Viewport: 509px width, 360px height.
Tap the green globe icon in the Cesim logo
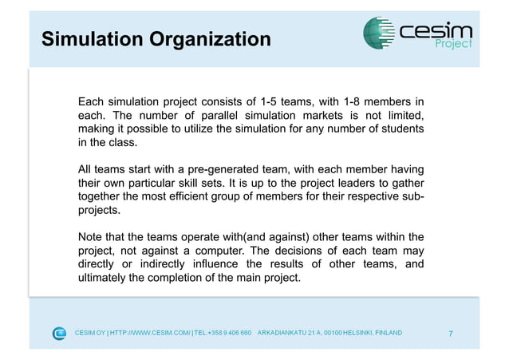[379, 33]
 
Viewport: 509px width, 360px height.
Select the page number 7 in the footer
[451, 333]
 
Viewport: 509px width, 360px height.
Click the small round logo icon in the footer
[60, 333]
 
